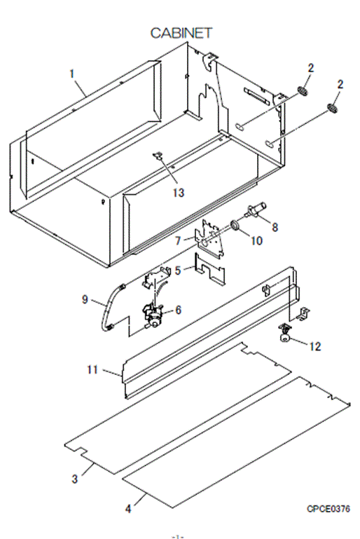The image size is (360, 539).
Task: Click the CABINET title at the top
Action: click(x=181, y=33)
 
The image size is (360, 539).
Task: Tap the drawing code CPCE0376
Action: click(x=328, y=508)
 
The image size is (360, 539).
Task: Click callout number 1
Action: click(x=72, y=74)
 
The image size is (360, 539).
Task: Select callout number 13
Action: click(x=179, y=193)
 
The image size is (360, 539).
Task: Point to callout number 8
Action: click(x=275, y=227)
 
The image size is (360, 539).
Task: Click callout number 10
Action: click(x=256, y=240)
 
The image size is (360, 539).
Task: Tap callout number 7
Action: click(x=178, y=240)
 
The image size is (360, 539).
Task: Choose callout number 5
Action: click(x=178, y=270)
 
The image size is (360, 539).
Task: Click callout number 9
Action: click(x=85, y=299)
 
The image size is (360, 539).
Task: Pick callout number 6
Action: click(x=179, y=310)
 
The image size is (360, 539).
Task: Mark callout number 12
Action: click(x=315, y=346)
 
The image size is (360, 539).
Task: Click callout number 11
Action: click(x=92, y=369)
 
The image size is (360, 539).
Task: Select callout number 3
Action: click(x=74, y=479)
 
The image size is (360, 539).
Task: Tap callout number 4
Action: click(x=128, y=508)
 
